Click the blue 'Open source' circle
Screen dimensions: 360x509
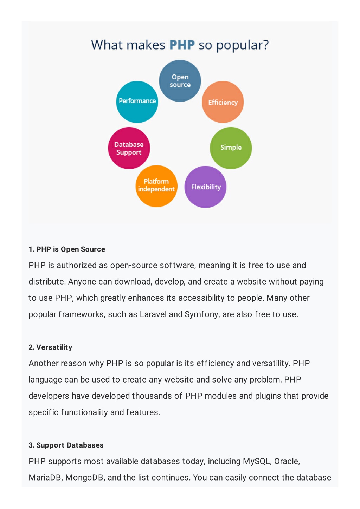point(180,81)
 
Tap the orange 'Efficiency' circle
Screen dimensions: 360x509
point(223,102)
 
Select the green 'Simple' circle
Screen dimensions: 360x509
point(231,148)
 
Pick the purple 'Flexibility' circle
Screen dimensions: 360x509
point(205,187)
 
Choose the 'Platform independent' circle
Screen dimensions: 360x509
point(156,186)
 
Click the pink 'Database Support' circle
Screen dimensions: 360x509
point(129,148)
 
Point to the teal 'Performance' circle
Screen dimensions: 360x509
point(137,102)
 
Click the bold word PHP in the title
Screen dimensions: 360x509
point(182,45)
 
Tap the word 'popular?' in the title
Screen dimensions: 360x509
point(243,45)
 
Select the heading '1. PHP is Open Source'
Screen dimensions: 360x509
point(67,249)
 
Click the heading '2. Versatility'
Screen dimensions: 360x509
point(51,347)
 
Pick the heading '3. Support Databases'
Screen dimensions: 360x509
point(66,445)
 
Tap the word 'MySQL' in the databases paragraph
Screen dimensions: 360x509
point(257,462)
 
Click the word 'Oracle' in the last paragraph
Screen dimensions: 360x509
point(287,462)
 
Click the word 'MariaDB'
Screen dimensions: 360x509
point(45,478)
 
